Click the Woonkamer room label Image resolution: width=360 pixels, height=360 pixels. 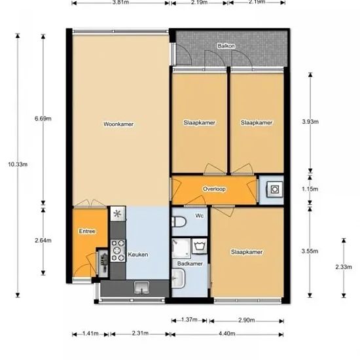pos(118,124)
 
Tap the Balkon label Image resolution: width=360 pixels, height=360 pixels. pos(226,46)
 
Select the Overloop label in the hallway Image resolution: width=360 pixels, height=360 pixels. pos(214,189)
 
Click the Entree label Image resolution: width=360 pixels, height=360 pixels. pos(87,231)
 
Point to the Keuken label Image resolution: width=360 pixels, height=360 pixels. pos(138,255)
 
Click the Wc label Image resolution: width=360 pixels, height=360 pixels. pos(199,215)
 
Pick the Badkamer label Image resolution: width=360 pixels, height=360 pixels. pos(190,264)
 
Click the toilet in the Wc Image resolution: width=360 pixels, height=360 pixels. pos(179,222)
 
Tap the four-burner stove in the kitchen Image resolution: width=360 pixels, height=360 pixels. pos(118,251)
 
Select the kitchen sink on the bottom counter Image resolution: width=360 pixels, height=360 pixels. pos(141,288)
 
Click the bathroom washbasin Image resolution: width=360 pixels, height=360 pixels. pos(179,278)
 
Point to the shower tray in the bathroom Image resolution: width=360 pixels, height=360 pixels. pos(181,249)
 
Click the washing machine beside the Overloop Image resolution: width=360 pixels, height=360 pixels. pos(275,189)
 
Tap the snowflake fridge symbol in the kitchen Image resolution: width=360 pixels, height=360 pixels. pos(118,214)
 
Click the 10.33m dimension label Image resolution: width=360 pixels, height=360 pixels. pos(18,164)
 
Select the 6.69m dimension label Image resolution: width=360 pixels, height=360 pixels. pos(43,118)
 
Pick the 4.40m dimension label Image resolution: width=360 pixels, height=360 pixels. pos(227,333)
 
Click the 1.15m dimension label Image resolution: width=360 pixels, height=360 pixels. pos(310,189)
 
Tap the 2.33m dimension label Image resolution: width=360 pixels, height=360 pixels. pos(344,267)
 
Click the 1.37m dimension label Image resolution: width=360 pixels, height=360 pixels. pos(189,319)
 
